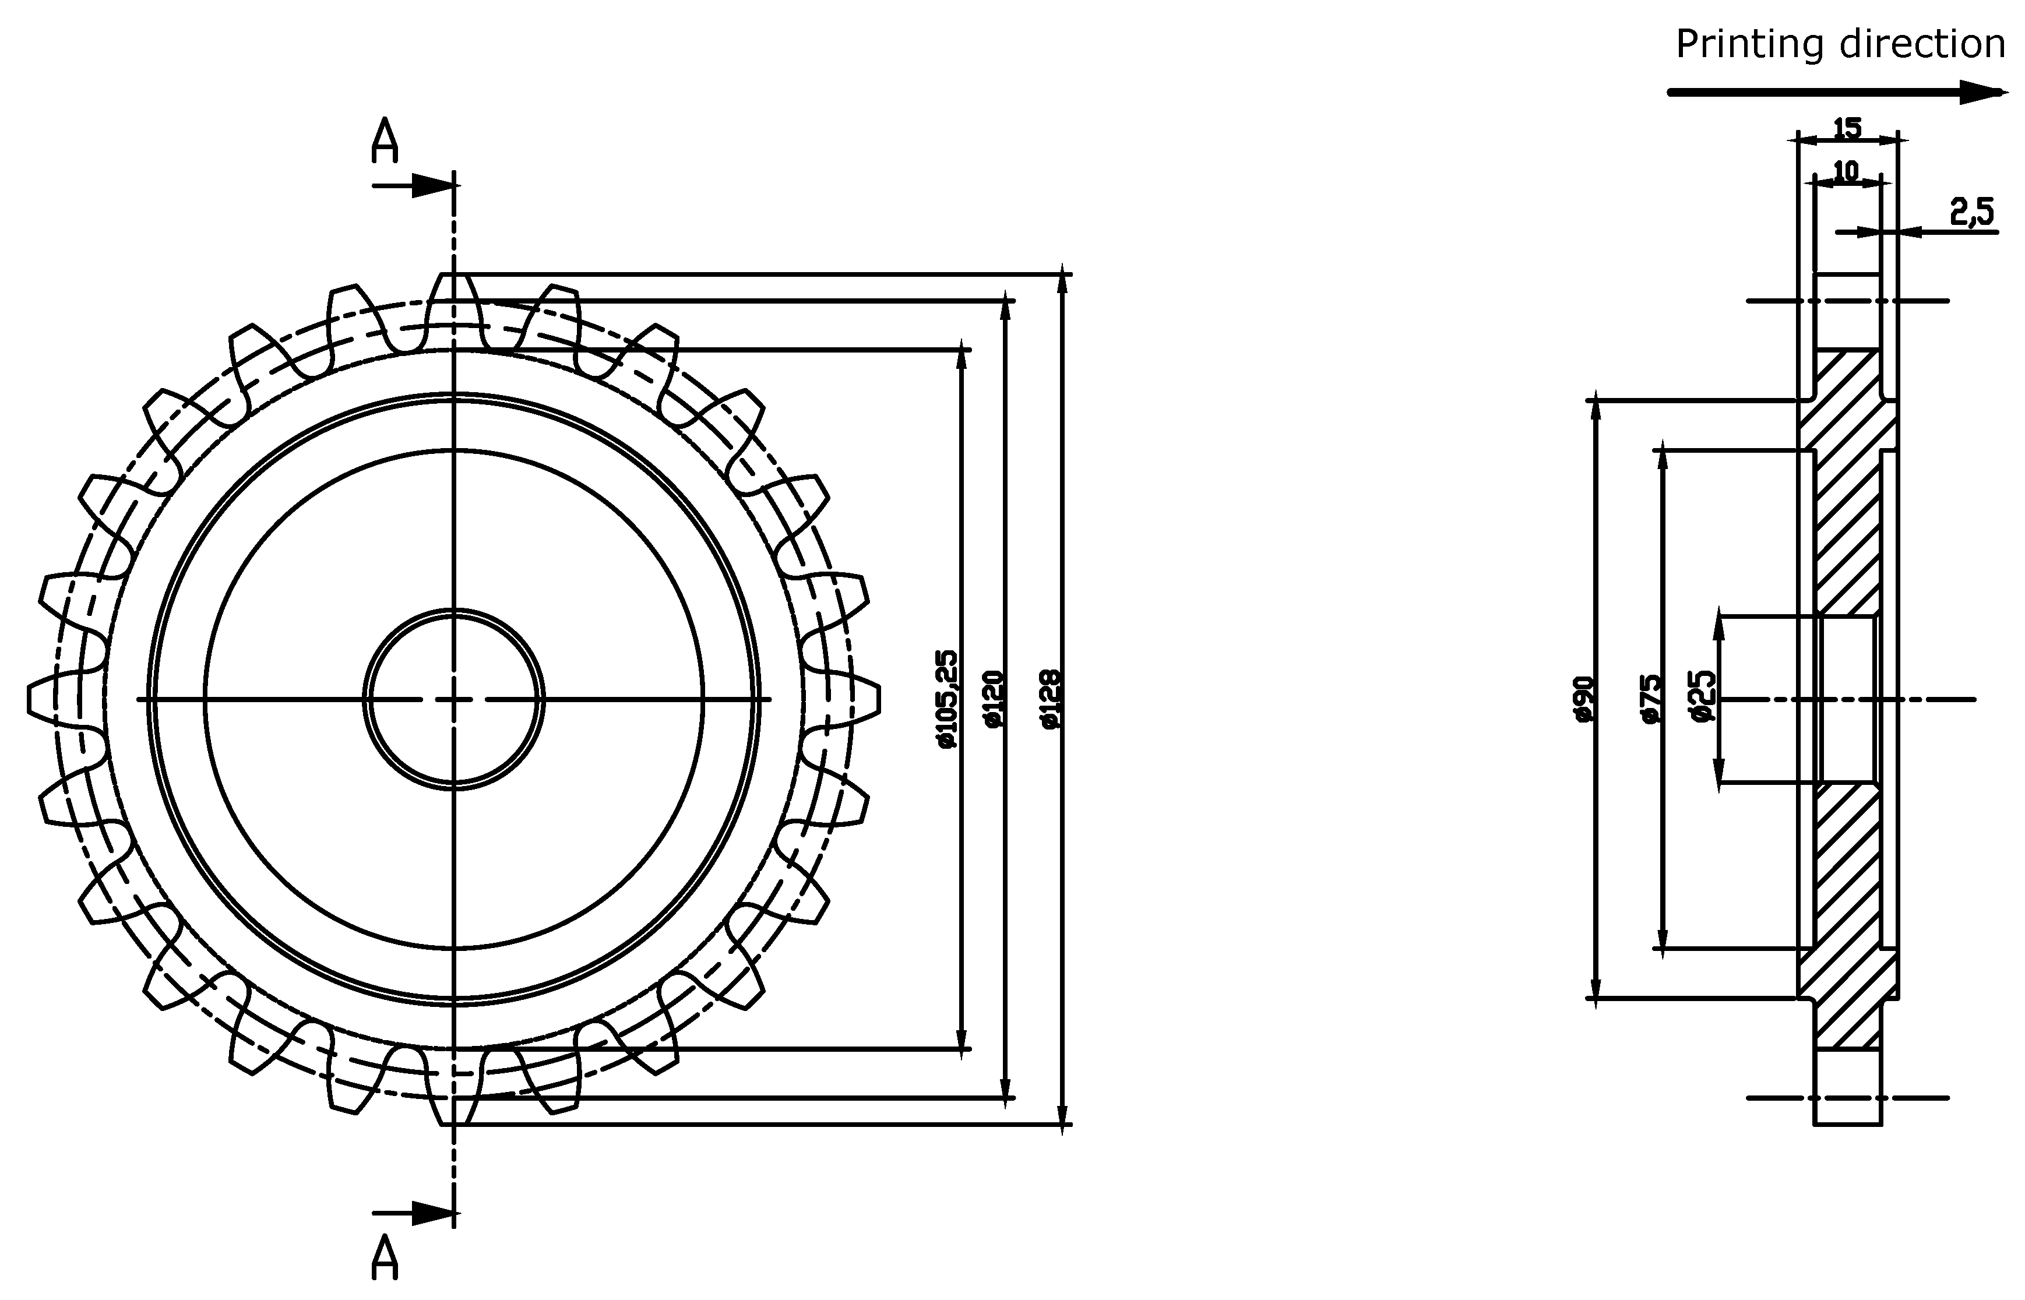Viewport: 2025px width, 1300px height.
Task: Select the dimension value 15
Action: tap(1847, 128)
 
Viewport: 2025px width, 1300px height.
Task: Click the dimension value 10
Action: tap(1846, 171)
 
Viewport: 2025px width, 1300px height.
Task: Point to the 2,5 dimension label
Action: tap(1972, 212)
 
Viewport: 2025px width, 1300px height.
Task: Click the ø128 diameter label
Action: tap(1050, 699)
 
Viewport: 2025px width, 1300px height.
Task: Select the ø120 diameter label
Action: tap(992, 699)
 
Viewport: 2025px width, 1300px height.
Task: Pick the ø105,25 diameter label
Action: tap(947, 699)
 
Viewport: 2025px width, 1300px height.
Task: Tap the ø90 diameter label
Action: tap(1582, 699)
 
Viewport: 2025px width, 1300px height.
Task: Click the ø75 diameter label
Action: tap(1651, 699)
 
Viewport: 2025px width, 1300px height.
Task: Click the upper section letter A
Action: tap(385, 141)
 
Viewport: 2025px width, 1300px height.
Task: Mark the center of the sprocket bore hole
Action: tap(454, 700)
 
